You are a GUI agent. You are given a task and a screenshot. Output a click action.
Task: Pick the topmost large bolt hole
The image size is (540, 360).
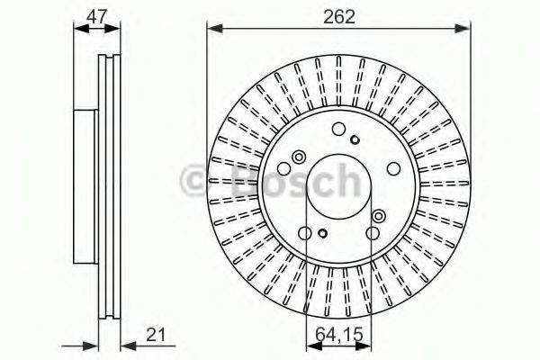[338, 130]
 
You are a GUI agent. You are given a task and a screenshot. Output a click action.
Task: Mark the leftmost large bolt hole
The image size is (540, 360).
[284, 168]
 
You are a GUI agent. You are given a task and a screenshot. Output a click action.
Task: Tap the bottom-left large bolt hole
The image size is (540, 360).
[306, 234]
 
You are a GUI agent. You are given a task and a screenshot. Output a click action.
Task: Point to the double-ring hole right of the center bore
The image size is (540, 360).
[378, 217]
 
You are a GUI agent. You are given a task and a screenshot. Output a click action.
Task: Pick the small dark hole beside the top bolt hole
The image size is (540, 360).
[355, 138]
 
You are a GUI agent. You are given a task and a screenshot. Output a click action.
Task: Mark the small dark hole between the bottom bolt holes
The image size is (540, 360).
[323, 236]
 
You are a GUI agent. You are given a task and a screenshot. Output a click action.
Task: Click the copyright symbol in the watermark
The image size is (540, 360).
[197, 181]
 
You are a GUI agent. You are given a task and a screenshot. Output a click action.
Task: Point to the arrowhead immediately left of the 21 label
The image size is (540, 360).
[126, 344]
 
